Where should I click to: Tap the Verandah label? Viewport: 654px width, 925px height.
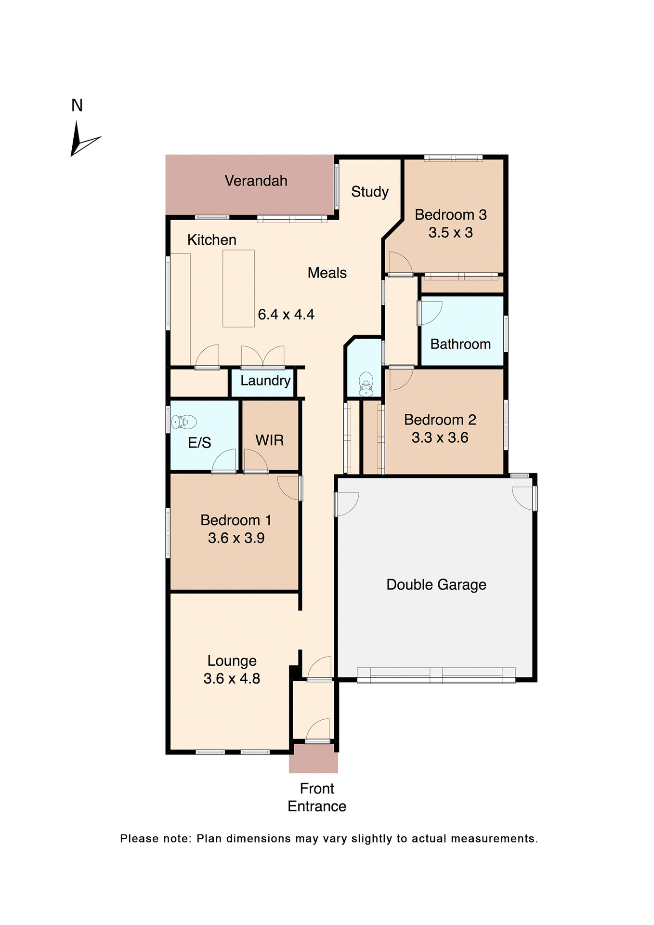coord(256,181)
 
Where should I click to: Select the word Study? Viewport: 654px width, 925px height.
coord(369,192)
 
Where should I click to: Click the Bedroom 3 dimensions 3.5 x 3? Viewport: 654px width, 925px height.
coord(450,233)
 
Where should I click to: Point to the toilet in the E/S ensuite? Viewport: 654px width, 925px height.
coord(184,422)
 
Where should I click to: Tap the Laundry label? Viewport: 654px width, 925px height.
coord(265,381)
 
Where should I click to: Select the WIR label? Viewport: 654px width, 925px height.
coord(269,440)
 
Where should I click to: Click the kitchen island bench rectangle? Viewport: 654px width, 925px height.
coord(238,288)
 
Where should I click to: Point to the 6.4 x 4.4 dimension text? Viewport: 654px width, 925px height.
coord(286,315)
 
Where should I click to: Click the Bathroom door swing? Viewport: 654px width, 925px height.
coord(430,312)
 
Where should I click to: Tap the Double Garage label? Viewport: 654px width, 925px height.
coord(436,585)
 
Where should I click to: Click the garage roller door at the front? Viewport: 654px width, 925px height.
coord(436,675)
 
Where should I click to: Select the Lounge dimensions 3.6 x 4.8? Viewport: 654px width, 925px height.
coord(232,679)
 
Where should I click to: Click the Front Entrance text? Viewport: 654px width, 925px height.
coord(317,797)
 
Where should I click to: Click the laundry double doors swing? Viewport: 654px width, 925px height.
coord(262,357)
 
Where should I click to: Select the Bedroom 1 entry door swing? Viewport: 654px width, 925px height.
coord(289,488)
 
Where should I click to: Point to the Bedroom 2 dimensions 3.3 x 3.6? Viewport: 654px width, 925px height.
coord(440,438)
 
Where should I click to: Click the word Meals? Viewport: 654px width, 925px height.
coord(327,273)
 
